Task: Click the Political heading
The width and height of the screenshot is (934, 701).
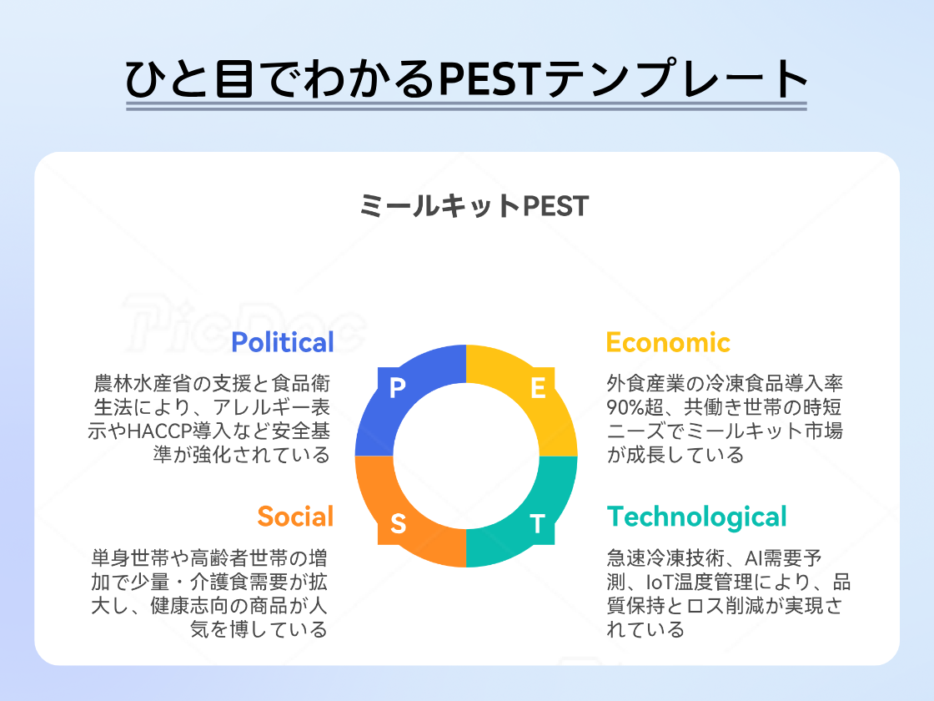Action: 282,342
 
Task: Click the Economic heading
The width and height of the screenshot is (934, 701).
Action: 667,342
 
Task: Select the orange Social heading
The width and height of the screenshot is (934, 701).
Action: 295,517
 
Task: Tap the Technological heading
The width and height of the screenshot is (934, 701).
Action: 696,517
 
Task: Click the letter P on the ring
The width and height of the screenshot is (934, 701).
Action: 397,388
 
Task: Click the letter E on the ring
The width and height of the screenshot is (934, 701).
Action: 538,388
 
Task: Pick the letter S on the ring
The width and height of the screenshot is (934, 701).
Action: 398,524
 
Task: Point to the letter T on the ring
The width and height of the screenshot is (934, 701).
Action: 538,524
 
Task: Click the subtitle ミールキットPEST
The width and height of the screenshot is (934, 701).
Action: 474,206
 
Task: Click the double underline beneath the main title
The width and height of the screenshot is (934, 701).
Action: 466,106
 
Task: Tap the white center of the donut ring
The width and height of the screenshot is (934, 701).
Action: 466,456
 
